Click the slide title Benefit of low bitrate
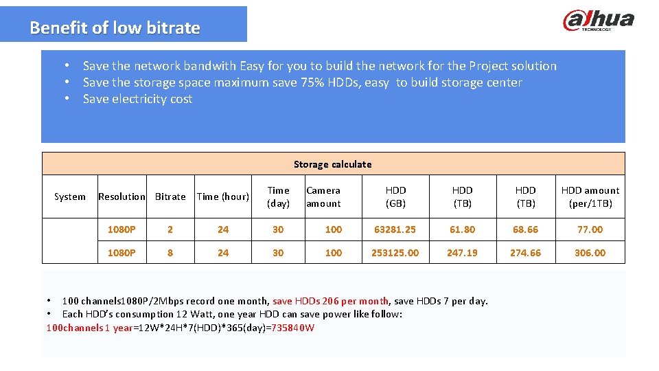pos(115,28)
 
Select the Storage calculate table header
pos(333,164)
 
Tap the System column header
pos(69,196)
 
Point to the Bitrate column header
pos(170,196)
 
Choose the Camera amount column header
pos(323,196)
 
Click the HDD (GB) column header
pos(395,196)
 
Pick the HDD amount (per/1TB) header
pos(590,196)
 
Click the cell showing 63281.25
pos(395,229)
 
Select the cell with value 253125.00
pos(395,253)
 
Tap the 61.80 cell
pos(462,229)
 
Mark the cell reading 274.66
pos(525,253)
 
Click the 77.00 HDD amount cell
pos(590,229)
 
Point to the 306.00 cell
pos(590,253)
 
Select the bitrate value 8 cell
pos(170,253)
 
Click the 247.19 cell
pos(462,253)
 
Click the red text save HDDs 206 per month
pos(330,301)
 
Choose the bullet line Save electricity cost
pos(137,99)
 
